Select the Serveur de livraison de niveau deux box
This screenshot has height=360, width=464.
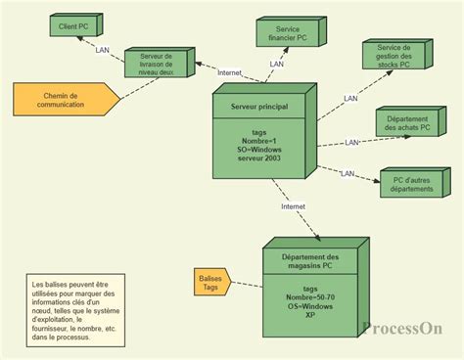(151, 64)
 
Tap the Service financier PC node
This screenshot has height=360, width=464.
(282, 35)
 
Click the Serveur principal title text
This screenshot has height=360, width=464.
(258, 105)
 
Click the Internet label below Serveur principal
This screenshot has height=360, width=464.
(293, 207)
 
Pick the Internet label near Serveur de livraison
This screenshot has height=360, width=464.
(230, 71)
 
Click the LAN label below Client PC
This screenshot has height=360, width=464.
(102, 49)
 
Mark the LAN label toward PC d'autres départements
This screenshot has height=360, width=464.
(348, 173)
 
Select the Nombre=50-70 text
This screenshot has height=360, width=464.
(309, 295)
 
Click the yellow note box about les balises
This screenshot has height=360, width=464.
(72, 311)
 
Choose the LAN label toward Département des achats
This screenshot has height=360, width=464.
(351, 142)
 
